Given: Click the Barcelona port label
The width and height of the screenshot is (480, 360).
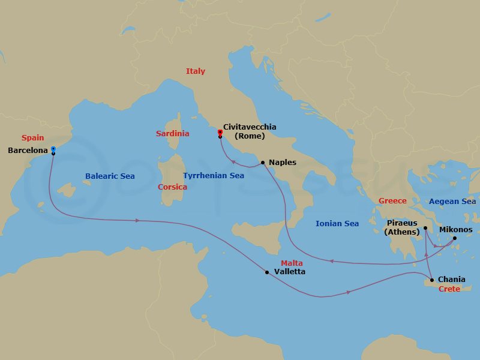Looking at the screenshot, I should pyautogui.click(x=28, y=151).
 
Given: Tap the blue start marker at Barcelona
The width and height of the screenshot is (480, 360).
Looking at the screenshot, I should pyautogui.click(x=53, y=149).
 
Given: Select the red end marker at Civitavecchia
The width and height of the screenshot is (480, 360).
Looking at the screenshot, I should pyautogui.click(x=220, y=132).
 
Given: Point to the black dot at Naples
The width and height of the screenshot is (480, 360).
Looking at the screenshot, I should pyautogui.click(x=263, y=163).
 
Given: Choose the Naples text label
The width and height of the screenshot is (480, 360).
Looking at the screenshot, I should pyautogui.click(x=283, y=163).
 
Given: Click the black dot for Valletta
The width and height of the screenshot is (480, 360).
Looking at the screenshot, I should pyautogui.click(x=267, y=272).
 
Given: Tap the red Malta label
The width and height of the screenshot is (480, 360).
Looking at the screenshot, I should pyautogui.click(x=292, y=263).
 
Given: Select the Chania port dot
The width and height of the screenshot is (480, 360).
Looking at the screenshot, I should pyautogui.click(x=431, y=280).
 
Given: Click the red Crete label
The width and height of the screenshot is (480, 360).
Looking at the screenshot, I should pyautogui.click(x=449, y=289).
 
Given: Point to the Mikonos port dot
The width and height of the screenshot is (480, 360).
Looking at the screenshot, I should pyautogui.click(x=454, y=238).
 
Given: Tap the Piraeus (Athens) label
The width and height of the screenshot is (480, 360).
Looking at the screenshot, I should pyautogui.click(x=402, y=227).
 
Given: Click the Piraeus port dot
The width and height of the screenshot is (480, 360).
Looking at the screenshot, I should pyautogui.click(x=425, y=228).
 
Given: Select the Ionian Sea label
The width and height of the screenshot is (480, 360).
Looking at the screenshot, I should pyautogui.click(x=337, y=224).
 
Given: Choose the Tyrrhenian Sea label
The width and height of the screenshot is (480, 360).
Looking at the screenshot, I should pyautogui.click(x=214, y=176).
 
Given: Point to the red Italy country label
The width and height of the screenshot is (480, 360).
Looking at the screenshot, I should pyautogui.click(x=196, y=71).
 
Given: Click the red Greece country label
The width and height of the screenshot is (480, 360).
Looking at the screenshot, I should pyautogui.click(x=392, y=201).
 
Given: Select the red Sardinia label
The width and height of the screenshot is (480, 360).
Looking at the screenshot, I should pyautogui.click(x=172, y=134).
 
